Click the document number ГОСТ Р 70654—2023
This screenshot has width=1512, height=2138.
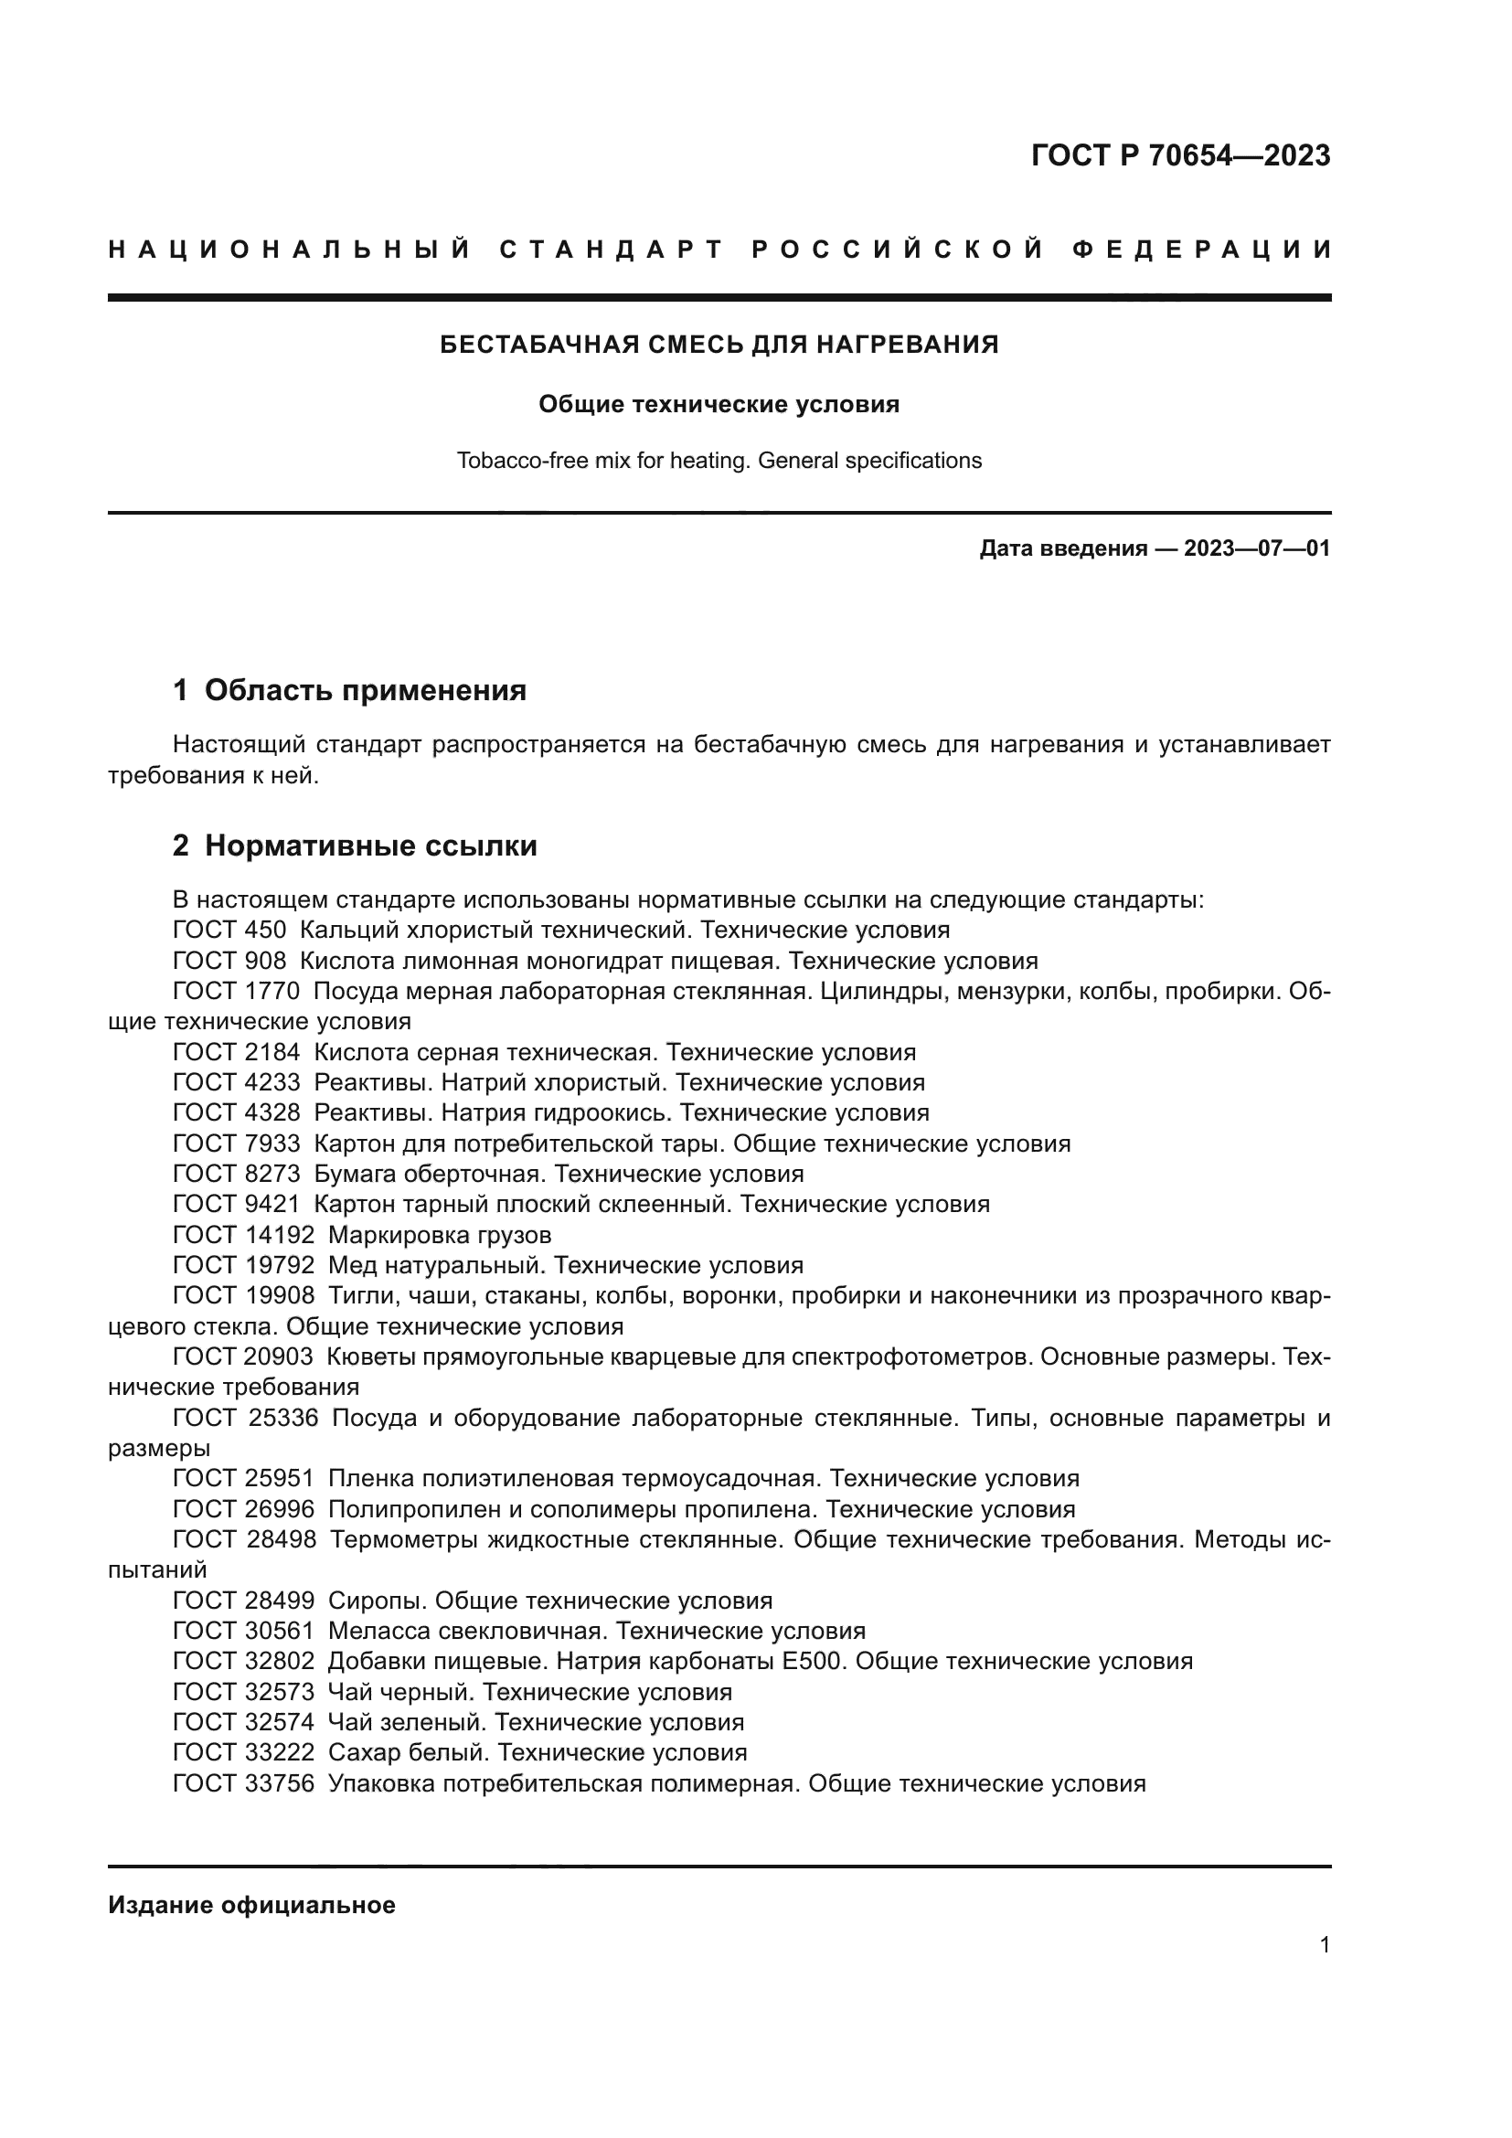(1179, 155)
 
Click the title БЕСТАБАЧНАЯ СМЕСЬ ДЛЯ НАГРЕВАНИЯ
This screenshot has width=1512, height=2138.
(719, 345)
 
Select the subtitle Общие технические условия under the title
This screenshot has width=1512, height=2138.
(719, 404)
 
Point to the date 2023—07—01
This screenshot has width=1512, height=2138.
(1257, 548)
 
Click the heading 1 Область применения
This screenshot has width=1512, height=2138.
(349, 690)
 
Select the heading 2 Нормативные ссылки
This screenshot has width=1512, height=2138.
(355, 846)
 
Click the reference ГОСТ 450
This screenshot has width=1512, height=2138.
(229, 931)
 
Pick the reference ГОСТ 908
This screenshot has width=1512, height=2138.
(229, 961)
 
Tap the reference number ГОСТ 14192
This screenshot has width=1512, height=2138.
(244, 1236)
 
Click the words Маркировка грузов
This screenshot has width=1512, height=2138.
(440, 1236)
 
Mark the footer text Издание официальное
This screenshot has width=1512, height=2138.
(251, 1905)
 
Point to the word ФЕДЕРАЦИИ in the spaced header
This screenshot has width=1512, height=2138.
(1202, 250)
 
